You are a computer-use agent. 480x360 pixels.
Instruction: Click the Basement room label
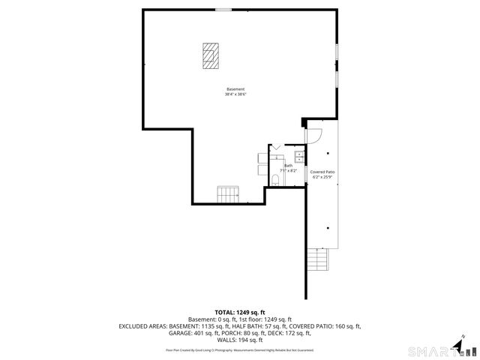[x=235, y=89]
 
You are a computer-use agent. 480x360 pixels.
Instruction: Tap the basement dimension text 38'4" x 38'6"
[x=235, y=94]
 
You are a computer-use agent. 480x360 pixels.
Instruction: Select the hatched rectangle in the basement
[x=211, y=55]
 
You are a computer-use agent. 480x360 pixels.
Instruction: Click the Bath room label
[x=288, y=165]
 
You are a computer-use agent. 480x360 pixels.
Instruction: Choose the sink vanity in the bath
[x=298, y=157]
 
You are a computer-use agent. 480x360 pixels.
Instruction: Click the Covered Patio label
[x=322, y=172]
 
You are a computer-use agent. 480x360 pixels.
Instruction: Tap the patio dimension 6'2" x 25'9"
[x=322, y=177]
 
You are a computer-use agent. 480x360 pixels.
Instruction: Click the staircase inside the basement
[x=228, y=195]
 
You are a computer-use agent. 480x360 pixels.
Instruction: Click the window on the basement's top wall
[x=223, y=9]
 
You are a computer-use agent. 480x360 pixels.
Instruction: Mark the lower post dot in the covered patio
[x=328, y=228]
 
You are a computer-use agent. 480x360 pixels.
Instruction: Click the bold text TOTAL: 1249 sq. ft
[x=240, y=312]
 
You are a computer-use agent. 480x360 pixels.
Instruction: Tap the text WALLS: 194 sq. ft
[x=240, y=340]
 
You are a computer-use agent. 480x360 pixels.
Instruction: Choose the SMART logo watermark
[x=431, y=350]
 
